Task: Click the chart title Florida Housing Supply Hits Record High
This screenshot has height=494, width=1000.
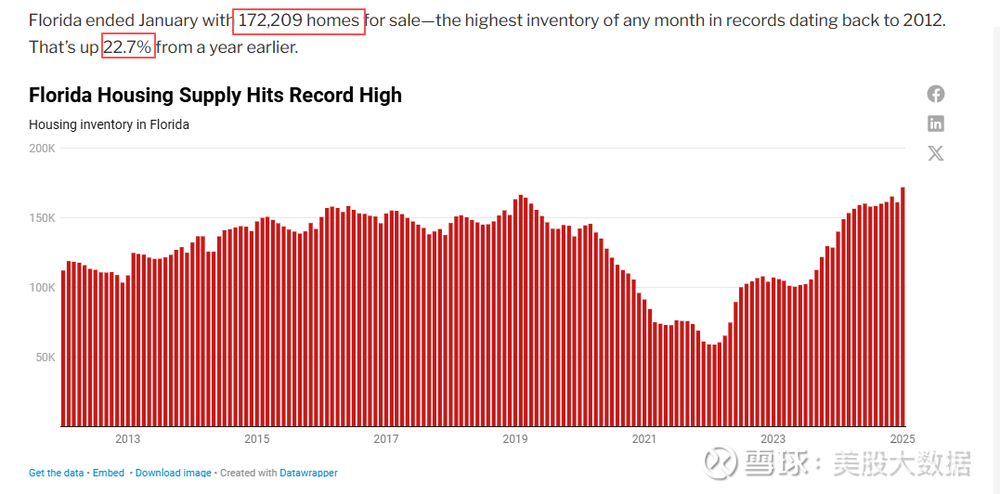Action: tap(215, 96)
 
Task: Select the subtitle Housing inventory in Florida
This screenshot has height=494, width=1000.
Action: tap(109, 124)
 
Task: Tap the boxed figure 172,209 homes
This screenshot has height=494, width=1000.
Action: tap(299, 20)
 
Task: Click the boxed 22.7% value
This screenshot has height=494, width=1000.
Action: tap(128, 46)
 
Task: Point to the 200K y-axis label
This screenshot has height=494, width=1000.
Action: tap(43, 149)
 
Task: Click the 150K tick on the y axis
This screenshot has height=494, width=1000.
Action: tap(43, 218)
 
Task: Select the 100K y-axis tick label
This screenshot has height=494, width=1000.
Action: tap(43, 288)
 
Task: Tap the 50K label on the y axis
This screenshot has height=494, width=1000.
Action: tap(45, 357)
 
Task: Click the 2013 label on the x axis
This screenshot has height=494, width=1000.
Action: tap(127, 439)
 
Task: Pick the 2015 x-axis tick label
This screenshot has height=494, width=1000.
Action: tap(256, 439)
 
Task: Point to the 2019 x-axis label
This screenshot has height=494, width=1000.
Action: tap(515, 439)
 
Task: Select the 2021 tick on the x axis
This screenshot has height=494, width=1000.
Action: tap(643, 439)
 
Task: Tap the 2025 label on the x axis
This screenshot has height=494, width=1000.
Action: tap(901, 439)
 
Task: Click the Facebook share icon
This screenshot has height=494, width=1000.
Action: tap(936, 94)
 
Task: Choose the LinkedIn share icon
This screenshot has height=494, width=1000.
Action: tap(936, 123)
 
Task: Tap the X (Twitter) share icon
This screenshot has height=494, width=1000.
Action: tap(936, 153)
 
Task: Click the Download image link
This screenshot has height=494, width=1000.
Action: tap(174, 473)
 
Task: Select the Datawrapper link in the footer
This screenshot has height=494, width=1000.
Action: tap(308, 473)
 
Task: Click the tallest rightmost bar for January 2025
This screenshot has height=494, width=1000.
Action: tap(903, 306)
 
